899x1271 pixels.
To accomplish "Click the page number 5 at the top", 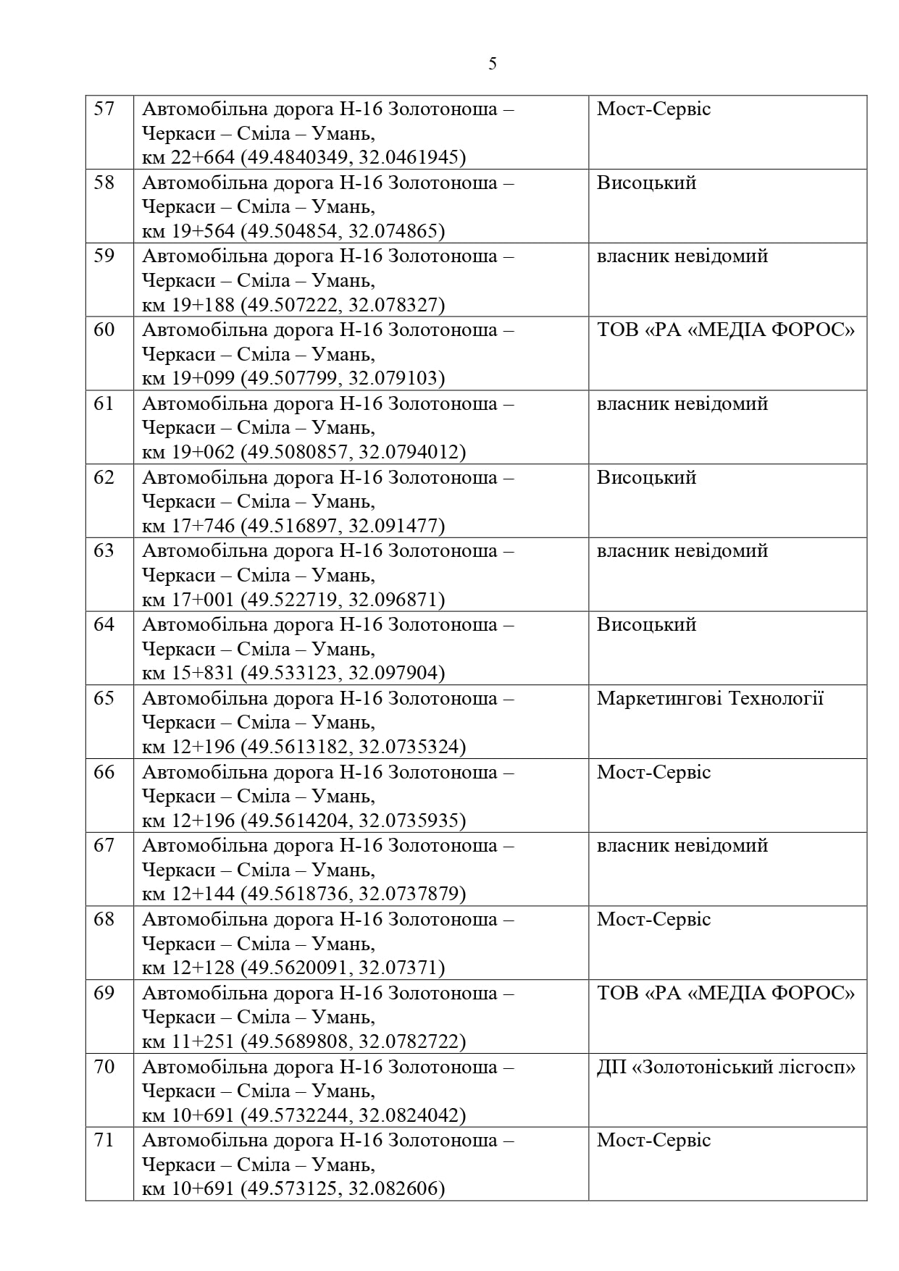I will point(493,64).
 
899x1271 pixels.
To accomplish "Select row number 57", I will point(105,109).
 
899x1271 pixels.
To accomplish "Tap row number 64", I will point(105,624).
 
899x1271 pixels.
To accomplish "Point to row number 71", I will point(105,1140).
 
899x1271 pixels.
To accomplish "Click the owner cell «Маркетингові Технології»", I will point(710,698).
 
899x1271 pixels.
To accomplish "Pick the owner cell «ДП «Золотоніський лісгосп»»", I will point(726,1067).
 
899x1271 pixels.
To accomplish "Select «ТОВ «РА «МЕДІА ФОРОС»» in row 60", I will point(726,330).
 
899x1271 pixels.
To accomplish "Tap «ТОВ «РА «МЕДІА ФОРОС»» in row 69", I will point(726,993).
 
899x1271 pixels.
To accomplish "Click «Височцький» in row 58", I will point(646,183).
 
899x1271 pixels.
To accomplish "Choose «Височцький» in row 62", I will point(646,478).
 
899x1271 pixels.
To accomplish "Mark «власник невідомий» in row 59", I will point(682,256).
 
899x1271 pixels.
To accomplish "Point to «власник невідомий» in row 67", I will point(682,845).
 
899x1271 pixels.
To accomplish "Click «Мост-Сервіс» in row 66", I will point(653,772).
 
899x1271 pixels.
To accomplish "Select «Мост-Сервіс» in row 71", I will point(653,1140).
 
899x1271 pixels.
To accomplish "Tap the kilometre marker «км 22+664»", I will point(188,158).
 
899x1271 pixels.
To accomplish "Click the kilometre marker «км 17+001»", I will point(188,600).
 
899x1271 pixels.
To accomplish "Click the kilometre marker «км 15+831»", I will point(188,674).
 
